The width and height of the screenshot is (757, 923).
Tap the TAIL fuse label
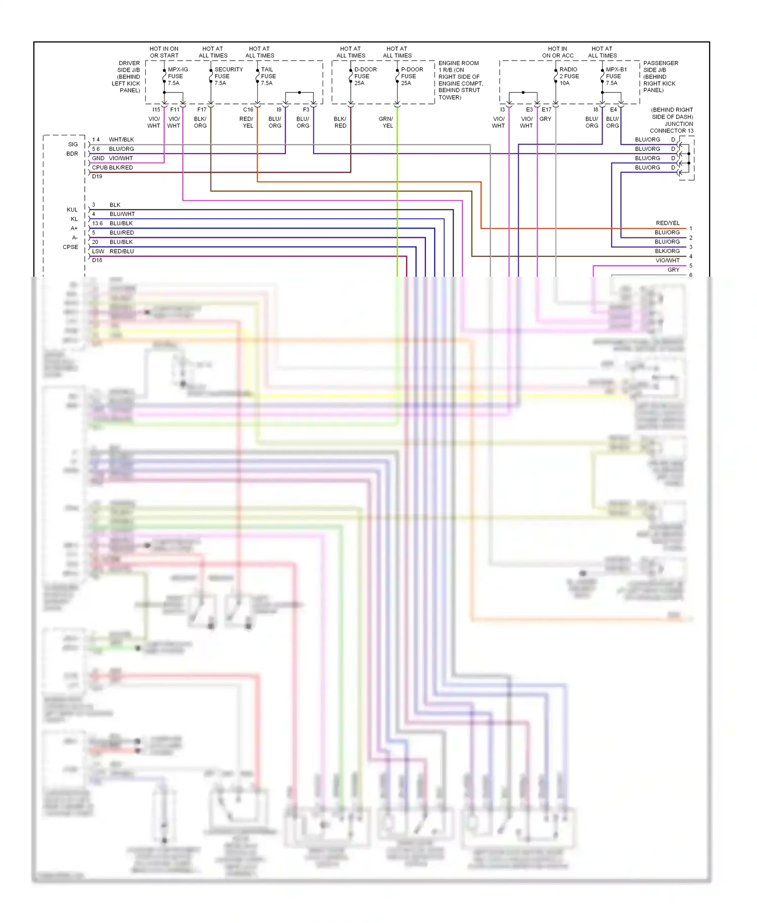coord(268,76)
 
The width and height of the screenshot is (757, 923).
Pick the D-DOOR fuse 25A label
coord(365,76)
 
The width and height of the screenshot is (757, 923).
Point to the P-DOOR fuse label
coord(411,76)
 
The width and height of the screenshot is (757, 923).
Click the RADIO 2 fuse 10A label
coord(569,76)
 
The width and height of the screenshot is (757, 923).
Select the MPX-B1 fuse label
coord(616,76)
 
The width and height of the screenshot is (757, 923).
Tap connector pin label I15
coord(156,110)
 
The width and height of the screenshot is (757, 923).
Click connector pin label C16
coord(248,110)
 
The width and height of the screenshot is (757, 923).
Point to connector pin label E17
coord(547,110)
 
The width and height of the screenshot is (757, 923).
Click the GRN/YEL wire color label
coord(386,122)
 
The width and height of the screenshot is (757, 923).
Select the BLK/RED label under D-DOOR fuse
coord(340,122)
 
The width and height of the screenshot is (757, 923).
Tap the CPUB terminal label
coord(99,168)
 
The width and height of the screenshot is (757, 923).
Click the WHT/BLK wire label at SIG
coord(121,140)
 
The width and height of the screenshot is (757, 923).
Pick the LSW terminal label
coord(98,251)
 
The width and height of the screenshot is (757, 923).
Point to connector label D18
coord(97,261)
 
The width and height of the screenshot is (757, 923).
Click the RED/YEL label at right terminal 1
coord(667,223)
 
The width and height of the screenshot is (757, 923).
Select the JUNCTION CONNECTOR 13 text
coord(671,127)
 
